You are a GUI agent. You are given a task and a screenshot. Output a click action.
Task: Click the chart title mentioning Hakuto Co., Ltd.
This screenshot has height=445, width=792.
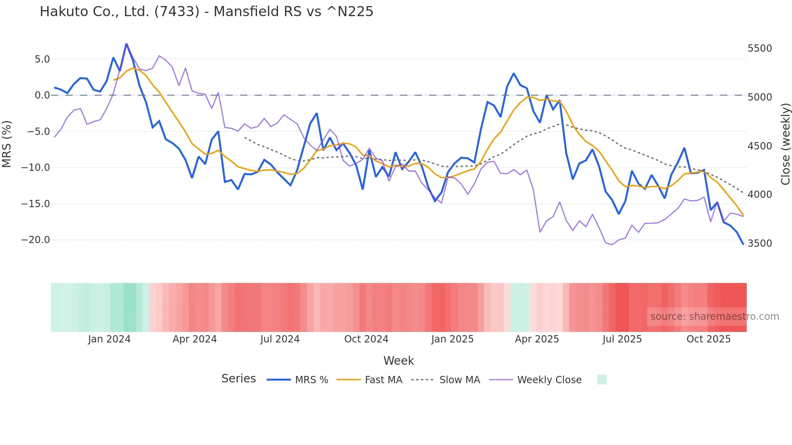[206, 11]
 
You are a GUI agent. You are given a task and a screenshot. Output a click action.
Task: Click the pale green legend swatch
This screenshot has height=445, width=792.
[602, 380]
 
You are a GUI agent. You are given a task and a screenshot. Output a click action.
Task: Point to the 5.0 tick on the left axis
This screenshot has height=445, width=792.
[42, 59]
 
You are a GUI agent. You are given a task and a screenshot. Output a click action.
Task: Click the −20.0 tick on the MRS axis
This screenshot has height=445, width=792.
[36, 240]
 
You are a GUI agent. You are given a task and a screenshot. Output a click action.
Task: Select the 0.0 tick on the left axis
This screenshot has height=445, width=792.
[42, 95]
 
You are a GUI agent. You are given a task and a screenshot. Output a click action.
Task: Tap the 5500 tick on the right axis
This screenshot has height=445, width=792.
[760, 48]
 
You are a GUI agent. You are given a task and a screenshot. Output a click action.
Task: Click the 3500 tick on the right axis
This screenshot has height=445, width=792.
[760, 243]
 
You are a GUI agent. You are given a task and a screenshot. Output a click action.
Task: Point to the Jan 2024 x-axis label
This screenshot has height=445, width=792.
[109, 339]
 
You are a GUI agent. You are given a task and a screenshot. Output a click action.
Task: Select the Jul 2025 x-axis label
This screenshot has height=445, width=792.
[622, 339]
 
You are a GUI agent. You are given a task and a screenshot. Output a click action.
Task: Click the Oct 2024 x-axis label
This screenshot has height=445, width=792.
[366, 339]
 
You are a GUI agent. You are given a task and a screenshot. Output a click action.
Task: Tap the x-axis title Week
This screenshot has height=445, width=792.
[398, 361]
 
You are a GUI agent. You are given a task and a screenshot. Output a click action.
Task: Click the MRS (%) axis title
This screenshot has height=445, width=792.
[6, 144]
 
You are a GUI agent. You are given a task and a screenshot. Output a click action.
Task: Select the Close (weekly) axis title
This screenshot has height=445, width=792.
[785, 144]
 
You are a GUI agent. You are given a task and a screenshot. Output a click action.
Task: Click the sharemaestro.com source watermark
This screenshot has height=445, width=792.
[714, 317]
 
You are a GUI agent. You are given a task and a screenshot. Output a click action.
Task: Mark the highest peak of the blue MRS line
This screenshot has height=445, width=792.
[126, 44]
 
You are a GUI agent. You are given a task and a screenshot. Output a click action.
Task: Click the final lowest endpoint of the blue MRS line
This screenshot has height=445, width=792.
[743, 244]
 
